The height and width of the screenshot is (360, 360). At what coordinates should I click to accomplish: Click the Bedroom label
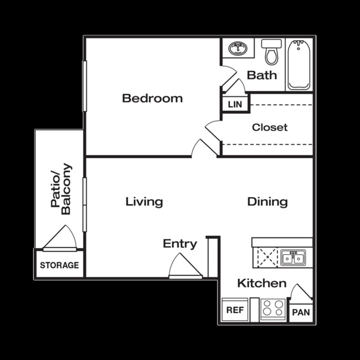152,98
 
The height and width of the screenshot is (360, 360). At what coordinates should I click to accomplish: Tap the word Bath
262,75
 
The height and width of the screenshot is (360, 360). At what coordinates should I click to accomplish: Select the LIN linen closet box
235,104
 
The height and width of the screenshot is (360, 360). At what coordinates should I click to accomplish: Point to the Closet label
270,127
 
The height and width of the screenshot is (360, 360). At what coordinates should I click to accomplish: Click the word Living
144,201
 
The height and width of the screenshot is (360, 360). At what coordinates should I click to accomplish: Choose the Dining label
267,201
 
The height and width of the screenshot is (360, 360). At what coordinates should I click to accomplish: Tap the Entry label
180,244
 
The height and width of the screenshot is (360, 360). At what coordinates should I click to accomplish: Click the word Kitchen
261,283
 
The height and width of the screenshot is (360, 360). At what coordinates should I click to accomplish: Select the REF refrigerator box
235,310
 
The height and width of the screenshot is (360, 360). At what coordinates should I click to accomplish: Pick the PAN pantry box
301,312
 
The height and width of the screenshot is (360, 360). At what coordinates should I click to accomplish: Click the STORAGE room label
59,265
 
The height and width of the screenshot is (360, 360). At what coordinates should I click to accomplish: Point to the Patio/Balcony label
61,189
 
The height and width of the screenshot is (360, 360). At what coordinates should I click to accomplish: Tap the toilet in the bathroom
271,52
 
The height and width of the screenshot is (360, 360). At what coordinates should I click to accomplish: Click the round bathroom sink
237,49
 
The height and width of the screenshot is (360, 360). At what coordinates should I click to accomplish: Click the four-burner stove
273,308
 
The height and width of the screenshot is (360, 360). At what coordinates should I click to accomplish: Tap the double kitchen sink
293,258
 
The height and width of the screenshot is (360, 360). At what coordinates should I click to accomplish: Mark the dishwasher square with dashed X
266,258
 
